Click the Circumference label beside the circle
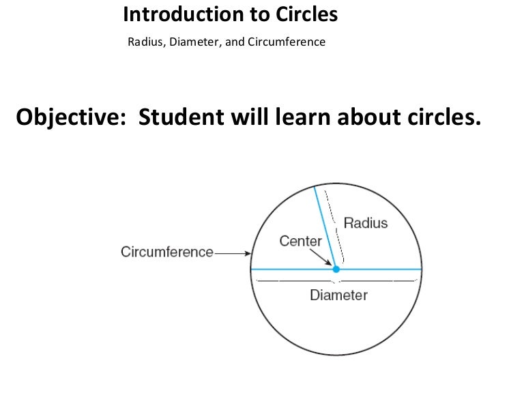coord(167,252)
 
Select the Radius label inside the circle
coord(365,223)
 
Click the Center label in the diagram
coord(300,241)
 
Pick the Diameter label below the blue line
coord(338,295)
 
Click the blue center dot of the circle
coord(336,270)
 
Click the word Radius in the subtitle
coord(143,42)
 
